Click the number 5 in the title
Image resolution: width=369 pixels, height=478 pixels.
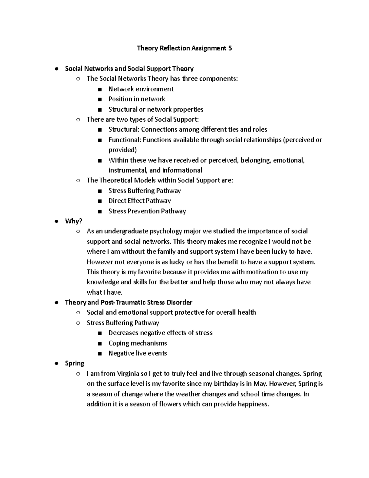coord(230,48)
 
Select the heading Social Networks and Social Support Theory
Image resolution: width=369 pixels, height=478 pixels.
coord(129,69)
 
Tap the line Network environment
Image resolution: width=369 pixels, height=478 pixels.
coord(141,89)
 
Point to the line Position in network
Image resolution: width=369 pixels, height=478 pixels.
coord(137,99)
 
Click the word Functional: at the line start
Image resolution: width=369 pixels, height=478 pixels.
coord(125,140)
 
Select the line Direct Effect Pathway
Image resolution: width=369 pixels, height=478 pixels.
coord(139,201)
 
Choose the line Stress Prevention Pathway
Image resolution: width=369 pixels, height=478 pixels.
coord(147,211)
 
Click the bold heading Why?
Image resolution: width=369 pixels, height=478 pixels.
coord(73,221)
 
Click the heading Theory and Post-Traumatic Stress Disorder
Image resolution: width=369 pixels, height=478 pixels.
coord(129,302)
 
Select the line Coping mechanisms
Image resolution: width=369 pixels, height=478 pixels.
coord(137,343)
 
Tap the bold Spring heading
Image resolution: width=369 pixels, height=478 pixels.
coord(74,363)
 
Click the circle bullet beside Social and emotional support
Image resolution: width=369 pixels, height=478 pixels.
coord(78,313)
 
